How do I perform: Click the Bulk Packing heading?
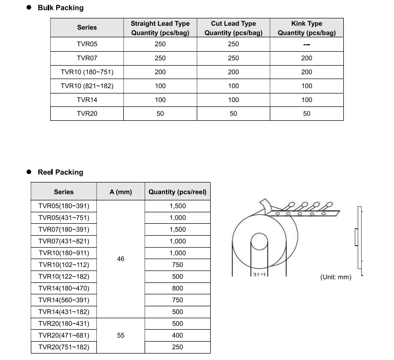61,8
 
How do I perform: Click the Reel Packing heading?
60,173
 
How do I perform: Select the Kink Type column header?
307,28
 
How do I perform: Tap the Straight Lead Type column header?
160,28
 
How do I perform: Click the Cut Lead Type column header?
233,28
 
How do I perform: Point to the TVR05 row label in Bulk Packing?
87,44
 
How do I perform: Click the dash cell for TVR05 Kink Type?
307,44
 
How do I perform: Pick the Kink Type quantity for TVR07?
307,58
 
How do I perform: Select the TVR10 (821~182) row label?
87,86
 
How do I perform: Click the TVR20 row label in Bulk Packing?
87,114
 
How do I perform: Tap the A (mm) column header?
120,192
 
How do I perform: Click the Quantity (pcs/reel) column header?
177,192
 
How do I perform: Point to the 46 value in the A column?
120,259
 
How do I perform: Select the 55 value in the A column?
120,336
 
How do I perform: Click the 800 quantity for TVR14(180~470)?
177,288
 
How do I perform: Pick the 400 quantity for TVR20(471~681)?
177,336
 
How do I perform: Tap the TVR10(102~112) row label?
64,265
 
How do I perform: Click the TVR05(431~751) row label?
64,218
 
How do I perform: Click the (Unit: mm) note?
335,277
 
